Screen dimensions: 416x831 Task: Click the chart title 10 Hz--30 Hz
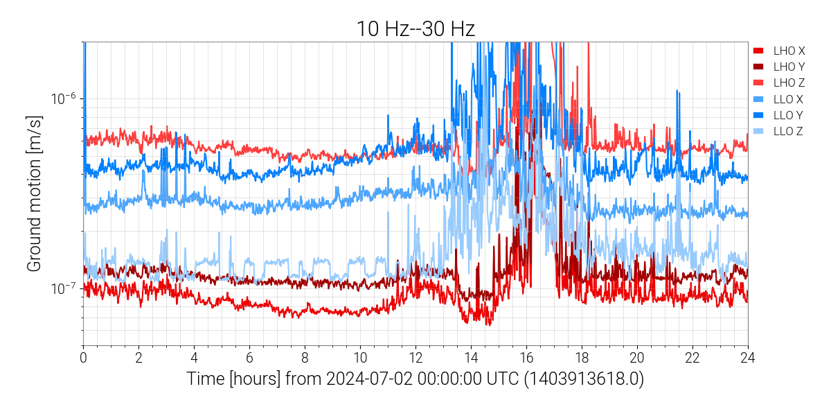pos(415,28)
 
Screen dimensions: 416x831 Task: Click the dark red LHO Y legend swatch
pos(758,67)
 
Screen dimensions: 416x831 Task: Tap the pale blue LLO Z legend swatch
pos(758,130)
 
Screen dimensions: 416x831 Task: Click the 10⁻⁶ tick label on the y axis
pos(64,98)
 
